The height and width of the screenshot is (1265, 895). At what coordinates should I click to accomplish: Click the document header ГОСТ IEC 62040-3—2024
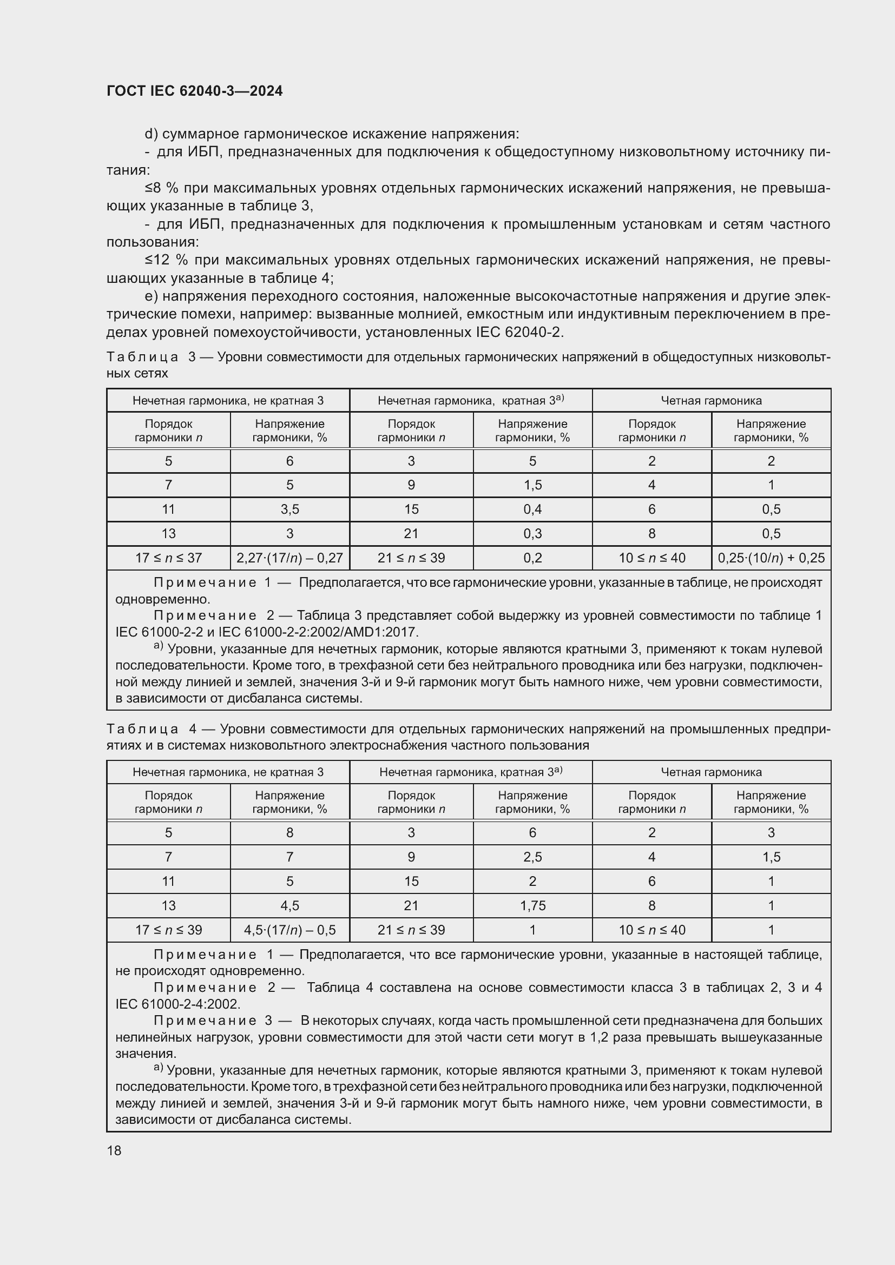194,91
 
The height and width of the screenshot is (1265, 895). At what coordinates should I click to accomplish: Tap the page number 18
114,1150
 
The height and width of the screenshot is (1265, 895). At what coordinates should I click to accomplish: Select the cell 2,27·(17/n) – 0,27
289,558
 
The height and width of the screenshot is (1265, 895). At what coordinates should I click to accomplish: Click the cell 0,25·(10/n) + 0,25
771,558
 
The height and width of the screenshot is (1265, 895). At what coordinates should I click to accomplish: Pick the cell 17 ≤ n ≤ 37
168,558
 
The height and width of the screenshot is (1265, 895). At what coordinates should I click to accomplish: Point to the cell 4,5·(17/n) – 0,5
289,930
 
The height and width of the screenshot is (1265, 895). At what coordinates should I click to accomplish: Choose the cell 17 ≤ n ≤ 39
168,930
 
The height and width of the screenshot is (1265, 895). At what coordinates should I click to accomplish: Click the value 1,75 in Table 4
532,905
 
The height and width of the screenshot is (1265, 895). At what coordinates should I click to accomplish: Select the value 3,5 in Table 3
289,509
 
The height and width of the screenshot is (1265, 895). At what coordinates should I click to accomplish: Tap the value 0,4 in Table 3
532,509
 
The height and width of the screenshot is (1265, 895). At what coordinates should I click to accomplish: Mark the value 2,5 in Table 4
532,857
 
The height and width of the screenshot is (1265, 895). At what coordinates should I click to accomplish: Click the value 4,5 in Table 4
289,905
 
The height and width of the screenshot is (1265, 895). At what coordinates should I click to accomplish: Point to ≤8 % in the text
161,188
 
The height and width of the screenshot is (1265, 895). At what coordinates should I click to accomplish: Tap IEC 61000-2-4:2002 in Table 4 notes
177,1004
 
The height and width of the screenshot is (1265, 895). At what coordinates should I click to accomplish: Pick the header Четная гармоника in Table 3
711,401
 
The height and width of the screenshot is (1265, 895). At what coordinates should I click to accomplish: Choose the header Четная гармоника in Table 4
711,772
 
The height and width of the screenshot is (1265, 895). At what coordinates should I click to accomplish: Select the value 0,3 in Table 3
532,533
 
